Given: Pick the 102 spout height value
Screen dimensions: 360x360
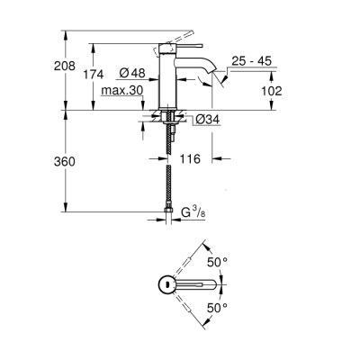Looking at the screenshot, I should coord(271,91).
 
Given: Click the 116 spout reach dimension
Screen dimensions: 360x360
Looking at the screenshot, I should coord(187,157).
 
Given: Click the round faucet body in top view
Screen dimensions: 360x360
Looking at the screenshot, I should coord(166,283).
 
